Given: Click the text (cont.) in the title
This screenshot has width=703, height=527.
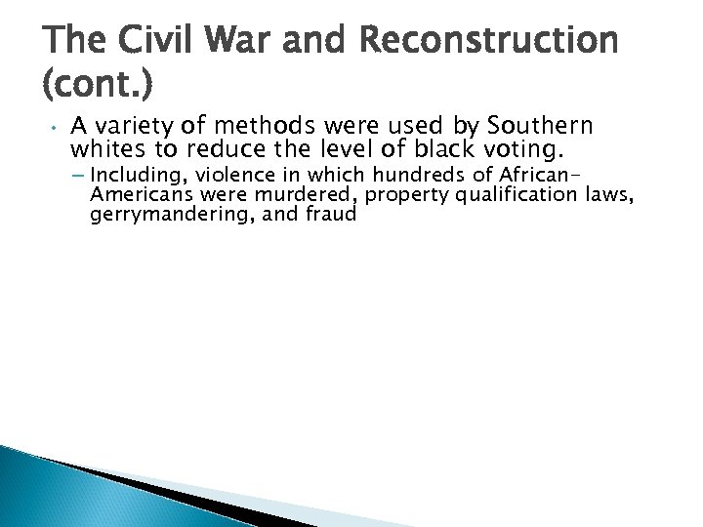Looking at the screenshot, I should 98,88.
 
